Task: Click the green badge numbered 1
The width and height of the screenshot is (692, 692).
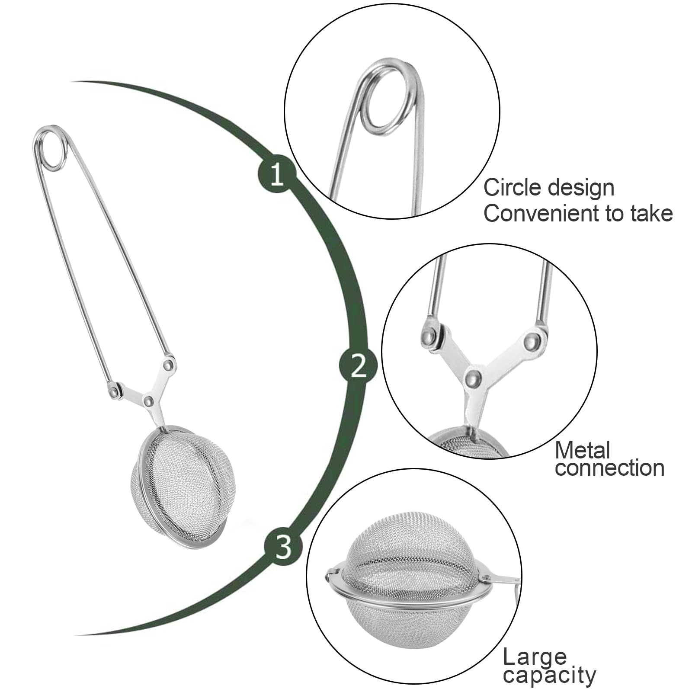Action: click(x=277, y=175)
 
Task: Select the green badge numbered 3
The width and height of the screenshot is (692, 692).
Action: click(x=284, y=547)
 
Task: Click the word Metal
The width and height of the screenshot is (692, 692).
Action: click(x=582, y=451)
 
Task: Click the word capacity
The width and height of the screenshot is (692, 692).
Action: click(x=549, y=675)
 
